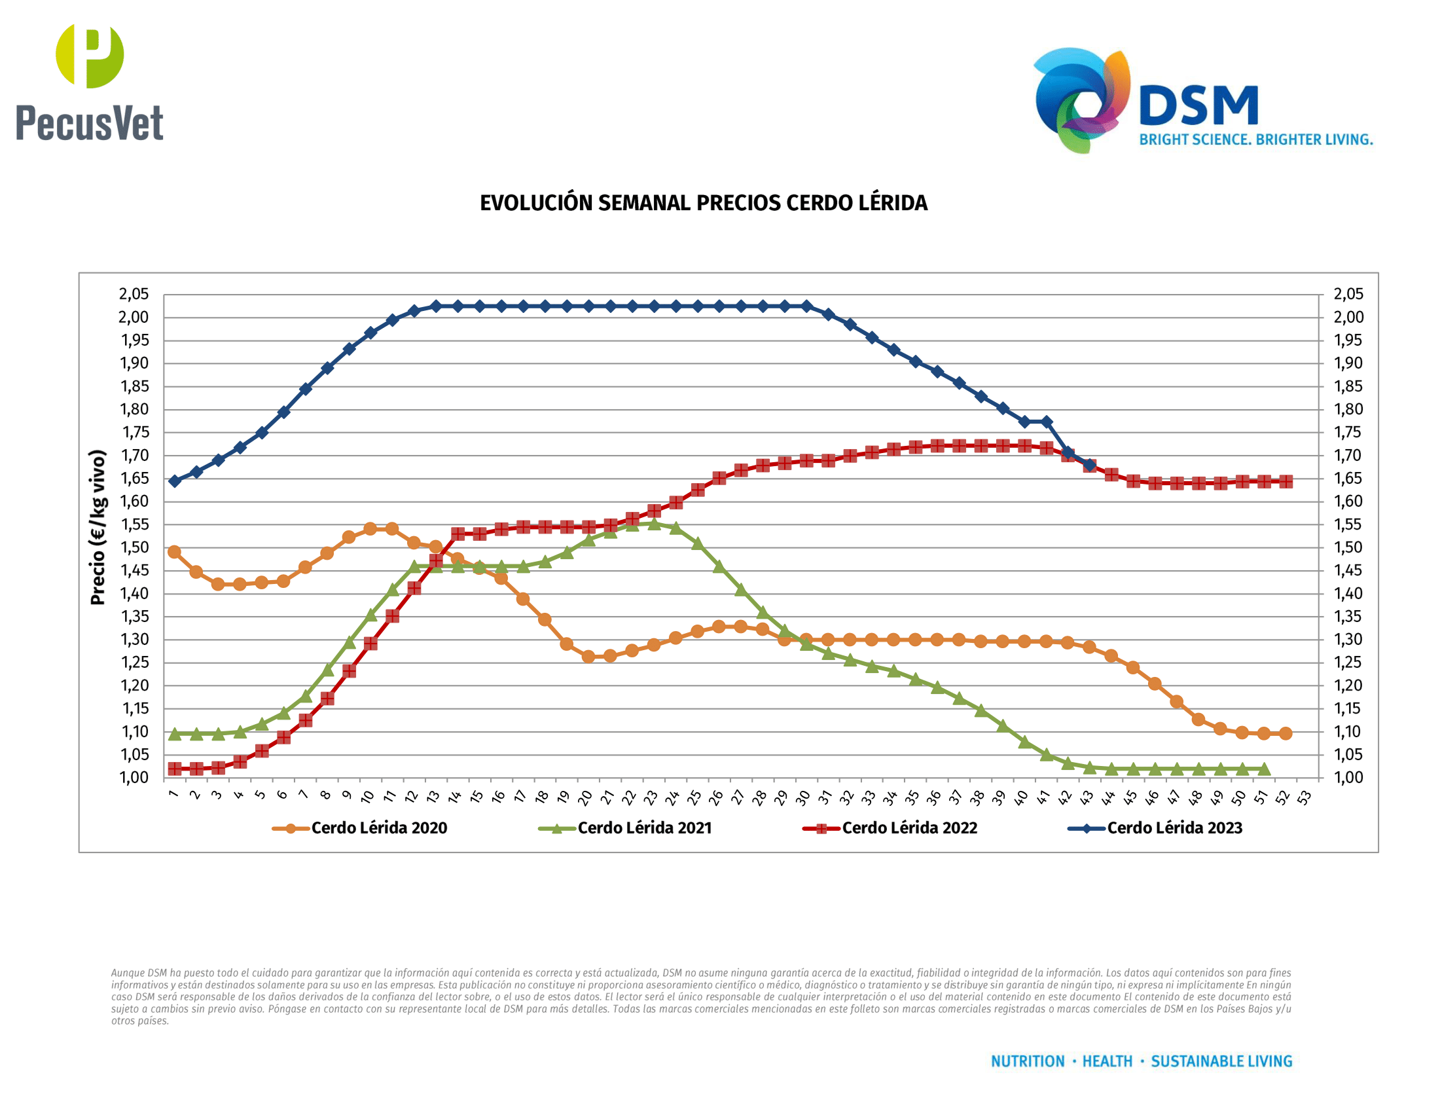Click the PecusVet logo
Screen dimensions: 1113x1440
click(x=90, y=82)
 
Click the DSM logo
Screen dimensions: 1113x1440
click(x=1147, y=100)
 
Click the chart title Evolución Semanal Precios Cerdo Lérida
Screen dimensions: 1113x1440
click(x=704, y=203)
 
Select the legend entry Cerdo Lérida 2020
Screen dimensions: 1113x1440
click(x=378, y=828)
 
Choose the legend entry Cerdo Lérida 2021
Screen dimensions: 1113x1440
click(x=644, y=828)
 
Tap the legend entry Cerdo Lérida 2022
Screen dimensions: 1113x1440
click(x=909, y=828)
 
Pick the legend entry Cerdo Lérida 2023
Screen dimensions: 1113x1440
click(x=1174, y=828)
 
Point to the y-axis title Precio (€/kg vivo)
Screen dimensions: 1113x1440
click(x=98, y=528)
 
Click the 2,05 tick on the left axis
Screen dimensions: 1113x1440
click(x=133, y=294)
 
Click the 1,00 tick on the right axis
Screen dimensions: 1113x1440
click(x=1348, y=778)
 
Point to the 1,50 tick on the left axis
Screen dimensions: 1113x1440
click(x=133, y=547)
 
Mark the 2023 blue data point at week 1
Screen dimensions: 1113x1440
click(x=175, y=481)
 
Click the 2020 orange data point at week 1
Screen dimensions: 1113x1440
click(x=175, y=552)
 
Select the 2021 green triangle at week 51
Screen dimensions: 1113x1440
click(x=1263, y=769)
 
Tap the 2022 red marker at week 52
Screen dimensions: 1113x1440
click(x=1285, y=481)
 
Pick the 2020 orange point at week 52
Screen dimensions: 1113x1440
click(x=1285, y=733)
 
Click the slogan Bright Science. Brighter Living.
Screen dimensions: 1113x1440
click(x=1255, y=140)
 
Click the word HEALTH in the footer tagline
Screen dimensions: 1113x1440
click(x=1107, y=1061)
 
